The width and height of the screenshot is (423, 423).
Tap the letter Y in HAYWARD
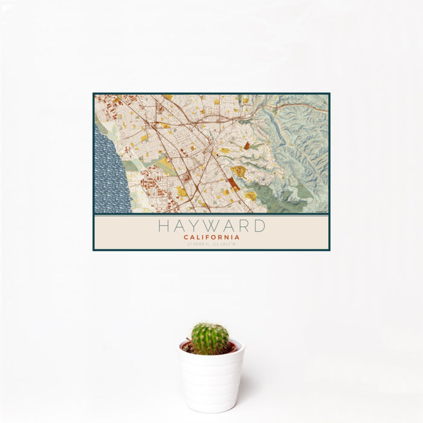(197, 226)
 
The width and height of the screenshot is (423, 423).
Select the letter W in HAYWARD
(214, 226)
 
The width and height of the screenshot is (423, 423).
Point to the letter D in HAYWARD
(259, 226)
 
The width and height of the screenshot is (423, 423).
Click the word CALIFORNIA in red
(211, 237)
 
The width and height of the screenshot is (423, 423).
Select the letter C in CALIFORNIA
(186, 237)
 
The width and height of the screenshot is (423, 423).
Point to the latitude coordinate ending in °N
(198, 245)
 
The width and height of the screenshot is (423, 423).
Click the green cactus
(210, 338)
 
